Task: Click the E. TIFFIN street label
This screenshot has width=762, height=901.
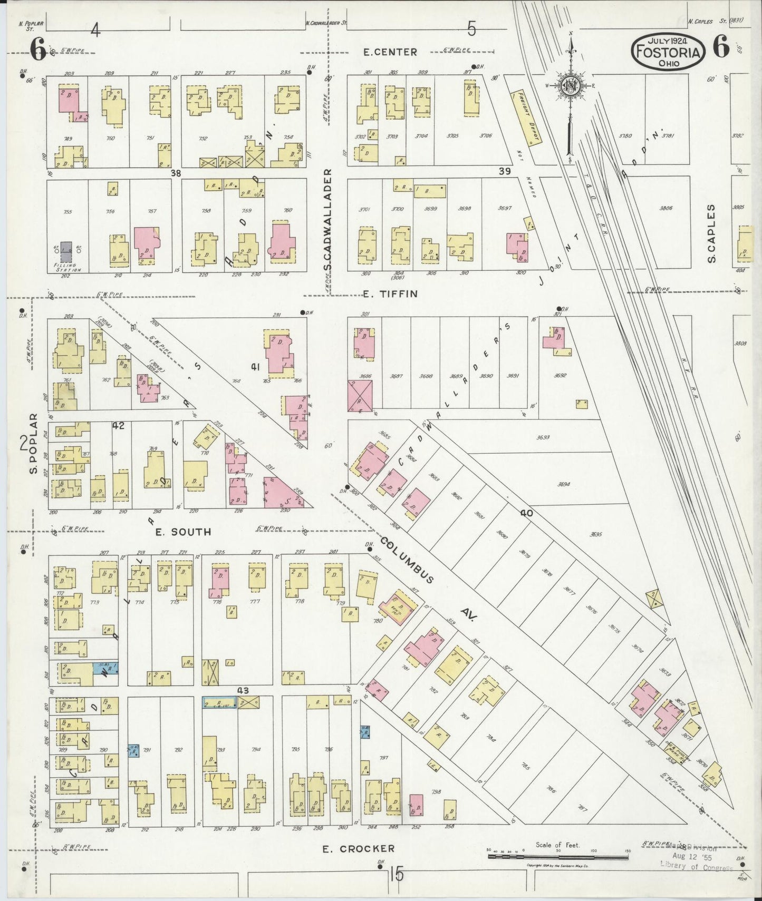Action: coord(391,293)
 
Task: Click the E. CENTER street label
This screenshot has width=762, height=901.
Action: coord(390,52)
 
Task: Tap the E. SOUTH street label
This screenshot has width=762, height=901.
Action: coord(183,532)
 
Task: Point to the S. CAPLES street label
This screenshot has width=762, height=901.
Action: coord(711,234)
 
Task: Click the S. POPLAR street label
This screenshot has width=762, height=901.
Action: coord(34,443)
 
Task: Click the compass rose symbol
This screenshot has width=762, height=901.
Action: coord(571,87)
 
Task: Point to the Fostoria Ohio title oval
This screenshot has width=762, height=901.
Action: coord(669,52)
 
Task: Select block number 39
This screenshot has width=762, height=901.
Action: coord(505,171)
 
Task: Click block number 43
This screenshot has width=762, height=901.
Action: coord(243,690)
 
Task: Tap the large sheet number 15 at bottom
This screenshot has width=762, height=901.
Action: coord(397,875)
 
